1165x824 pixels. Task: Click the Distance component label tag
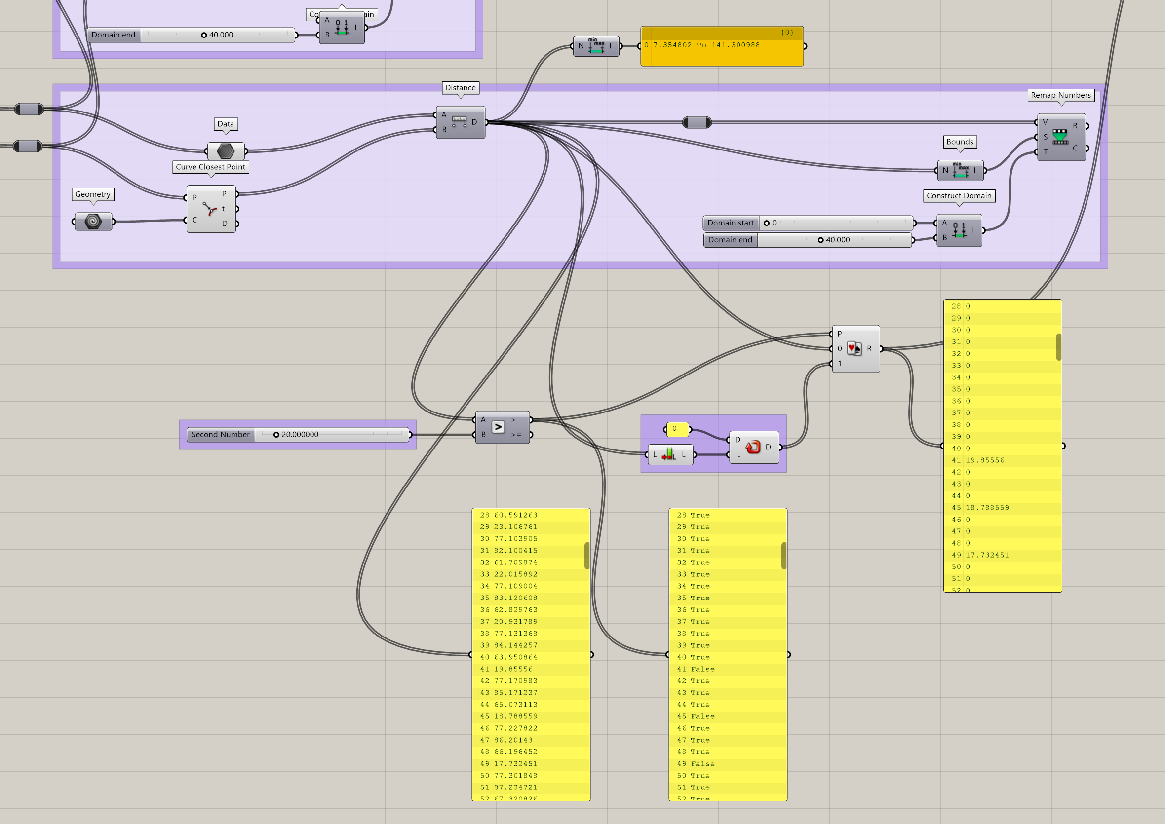click(x=460, y=88)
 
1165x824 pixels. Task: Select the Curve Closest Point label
click(x=210, y=167)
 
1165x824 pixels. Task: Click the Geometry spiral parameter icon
click(x=93, y=221)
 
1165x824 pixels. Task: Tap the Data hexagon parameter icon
click(x=226, y=150)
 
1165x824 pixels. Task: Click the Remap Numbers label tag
click(x=1060, y=95)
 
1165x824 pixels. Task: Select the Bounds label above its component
click(x=959, y=142)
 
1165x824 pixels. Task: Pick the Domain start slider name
click(x=730, y=223)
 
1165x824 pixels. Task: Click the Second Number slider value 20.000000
click(x=300, y=434)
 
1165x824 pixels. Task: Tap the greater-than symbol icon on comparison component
click(x=498, y=427)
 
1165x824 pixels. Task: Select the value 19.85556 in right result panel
click(x=984, y=460)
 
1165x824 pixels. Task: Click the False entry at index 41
click(x=702, y=669)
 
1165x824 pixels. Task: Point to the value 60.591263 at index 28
click(x=515, y=515)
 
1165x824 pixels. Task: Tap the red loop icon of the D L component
click(x=752, y=447)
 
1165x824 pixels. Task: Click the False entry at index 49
click(x=702, y=764)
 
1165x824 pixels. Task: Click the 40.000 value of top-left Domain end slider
click(x=221, y=35)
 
